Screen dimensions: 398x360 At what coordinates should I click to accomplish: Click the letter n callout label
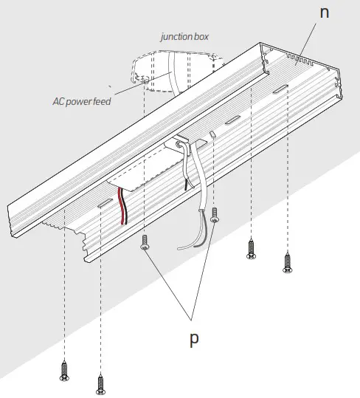[x=325, y=13]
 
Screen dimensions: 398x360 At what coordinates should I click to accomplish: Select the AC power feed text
[x=82, y=101]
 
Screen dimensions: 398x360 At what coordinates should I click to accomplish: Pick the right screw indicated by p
[x=215, y=216]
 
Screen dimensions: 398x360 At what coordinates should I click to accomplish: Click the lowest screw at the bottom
[x=100, y=383]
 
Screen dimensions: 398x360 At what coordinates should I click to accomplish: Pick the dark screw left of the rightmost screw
[x=252, y=248]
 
